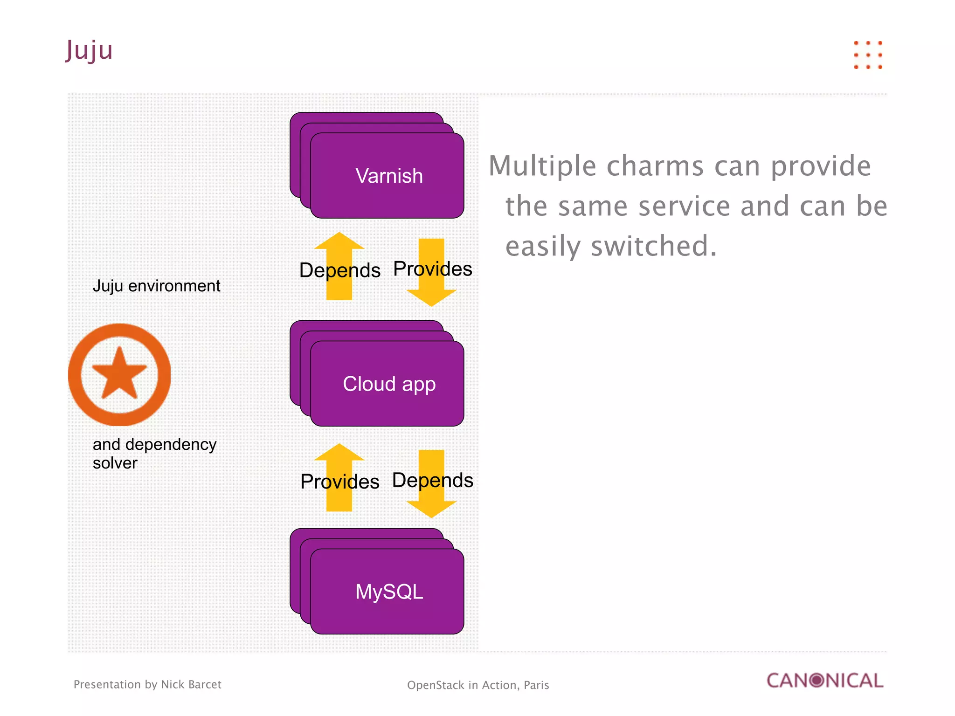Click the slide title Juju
click(x=89, y=50)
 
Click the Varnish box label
click(x=389, y=176)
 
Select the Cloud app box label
click(x=389, y=384)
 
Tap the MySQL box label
click(x=389, y=592)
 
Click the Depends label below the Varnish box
click(x=339, y=270)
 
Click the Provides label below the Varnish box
click(x=432, y=269)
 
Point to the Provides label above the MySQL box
click(x=339, y=482)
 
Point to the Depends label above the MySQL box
click(x=432, y=480)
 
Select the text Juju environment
click(x=156, y=286)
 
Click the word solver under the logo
click(x=115, y=463)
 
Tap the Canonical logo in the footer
click(x=825, y=681)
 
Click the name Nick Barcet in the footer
click(x=191, y=684)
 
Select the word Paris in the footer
click(x=536, y=685)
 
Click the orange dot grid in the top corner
click(x=868, y=55)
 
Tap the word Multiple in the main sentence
click(x=542, y=166)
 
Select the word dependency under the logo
click(x=171, y=445)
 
